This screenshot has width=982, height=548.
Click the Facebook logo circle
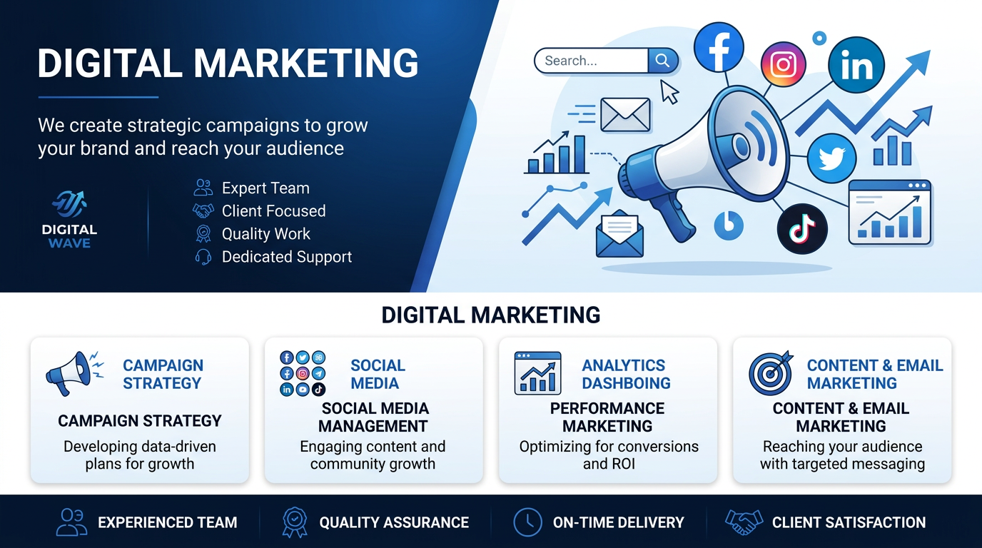coord(719,47)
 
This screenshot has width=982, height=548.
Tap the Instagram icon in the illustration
coord(783,64)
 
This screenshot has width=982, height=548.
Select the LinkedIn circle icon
coord(856,65)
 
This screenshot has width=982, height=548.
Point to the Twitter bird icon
coord(831,158)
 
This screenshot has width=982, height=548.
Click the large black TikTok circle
coord(802,229)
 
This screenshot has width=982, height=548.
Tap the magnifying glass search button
coord(663,61)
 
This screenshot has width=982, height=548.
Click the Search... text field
coord(591,61)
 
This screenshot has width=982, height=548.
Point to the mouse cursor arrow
coord(669,91)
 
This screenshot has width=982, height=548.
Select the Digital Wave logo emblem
coord(69,204)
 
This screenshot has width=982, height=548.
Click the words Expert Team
coord(265,188)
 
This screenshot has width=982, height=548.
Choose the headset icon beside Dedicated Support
coord(203,257)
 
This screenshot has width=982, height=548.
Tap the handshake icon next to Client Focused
coord(203,211)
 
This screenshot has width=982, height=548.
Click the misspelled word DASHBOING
coord(626,383)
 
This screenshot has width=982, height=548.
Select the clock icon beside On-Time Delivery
coord(527,522)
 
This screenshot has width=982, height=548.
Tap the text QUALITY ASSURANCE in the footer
coord(394,522)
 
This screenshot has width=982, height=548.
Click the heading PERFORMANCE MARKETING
coord(607,417)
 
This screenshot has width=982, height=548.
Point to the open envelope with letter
coord(619,233)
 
